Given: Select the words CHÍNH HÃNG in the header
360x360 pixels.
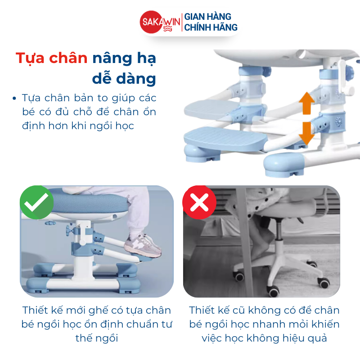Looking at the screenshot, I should pos(211,27).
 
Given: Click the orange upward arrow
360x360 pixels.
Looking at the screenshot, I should pos(306,103).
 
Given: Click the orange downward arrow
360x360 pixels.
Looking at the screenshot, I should pos(306,133).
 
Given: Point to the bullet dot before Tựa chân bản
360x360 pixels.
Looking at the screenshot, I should pos(16,98).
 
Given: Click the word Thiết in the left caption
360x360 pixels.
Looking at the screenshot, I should pos(35,310).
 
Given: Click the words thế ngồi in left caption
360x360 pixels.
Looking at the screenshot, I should pos(96,338).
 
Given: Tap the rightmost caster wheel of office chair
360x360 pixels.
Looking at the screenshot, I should pos(323,282).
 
